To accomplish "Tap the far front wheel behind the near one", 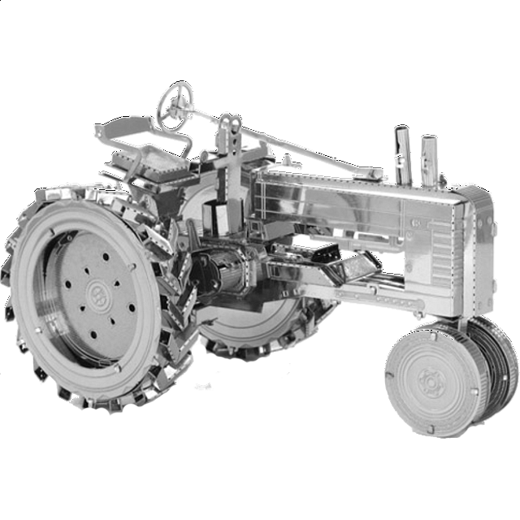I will tap(492, 357).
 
